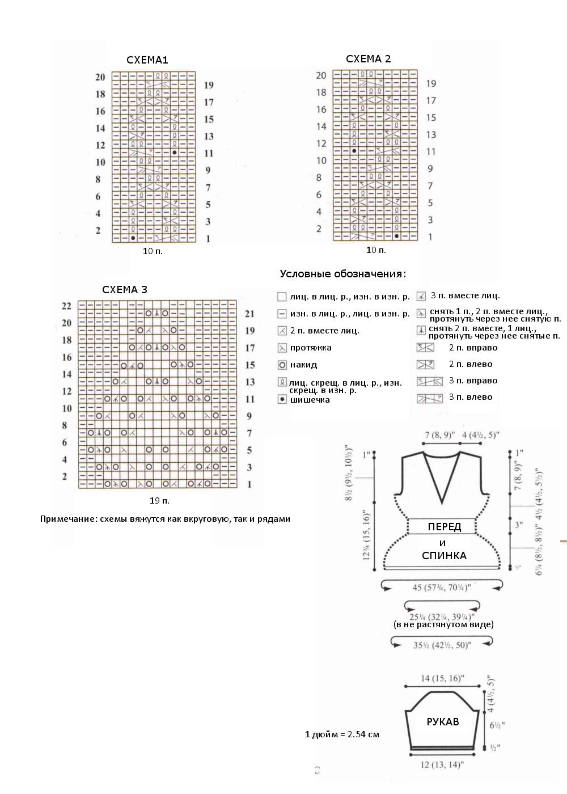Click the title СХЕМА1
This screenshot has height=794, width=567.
[147, 60]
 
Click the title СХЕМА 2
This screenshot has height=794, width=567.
[368, 59]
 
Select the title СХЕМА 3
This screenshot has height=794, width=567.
[125, 290]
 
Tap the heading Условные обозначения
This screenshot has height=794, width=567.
[342, 274]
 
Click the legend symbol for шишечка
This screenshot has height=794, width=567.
[282, 399]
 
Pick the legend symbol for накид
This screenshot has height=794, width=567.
[282, 365]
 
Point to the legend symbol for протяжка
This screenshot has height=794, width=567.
[282, 348]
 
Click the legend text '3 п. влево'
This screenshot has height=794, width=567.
[471, 397]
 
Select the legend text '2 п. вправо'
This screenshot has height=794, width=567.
[473, 348]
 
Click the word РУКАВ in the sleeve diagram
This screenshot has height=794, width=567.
[443, 722]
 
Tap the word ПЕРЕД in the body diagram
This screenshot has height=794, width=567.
[445, 527]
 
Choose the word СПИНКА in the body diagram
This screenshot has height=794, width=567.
[444, 556]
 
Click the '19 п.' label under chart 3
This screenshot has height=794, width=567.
[159, 501]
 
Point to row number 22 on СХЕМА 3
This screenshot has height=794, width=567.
[66, 306]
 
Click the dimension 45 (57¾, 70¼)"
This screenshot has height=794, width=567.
[442, 588]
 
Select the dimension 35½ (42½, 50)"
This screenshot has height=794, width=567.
[442, 645]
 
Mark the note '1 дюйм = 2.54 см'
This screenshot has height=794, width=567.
[342, 734]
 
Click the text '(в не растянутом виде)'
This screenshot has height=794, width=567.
[443, 624]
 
